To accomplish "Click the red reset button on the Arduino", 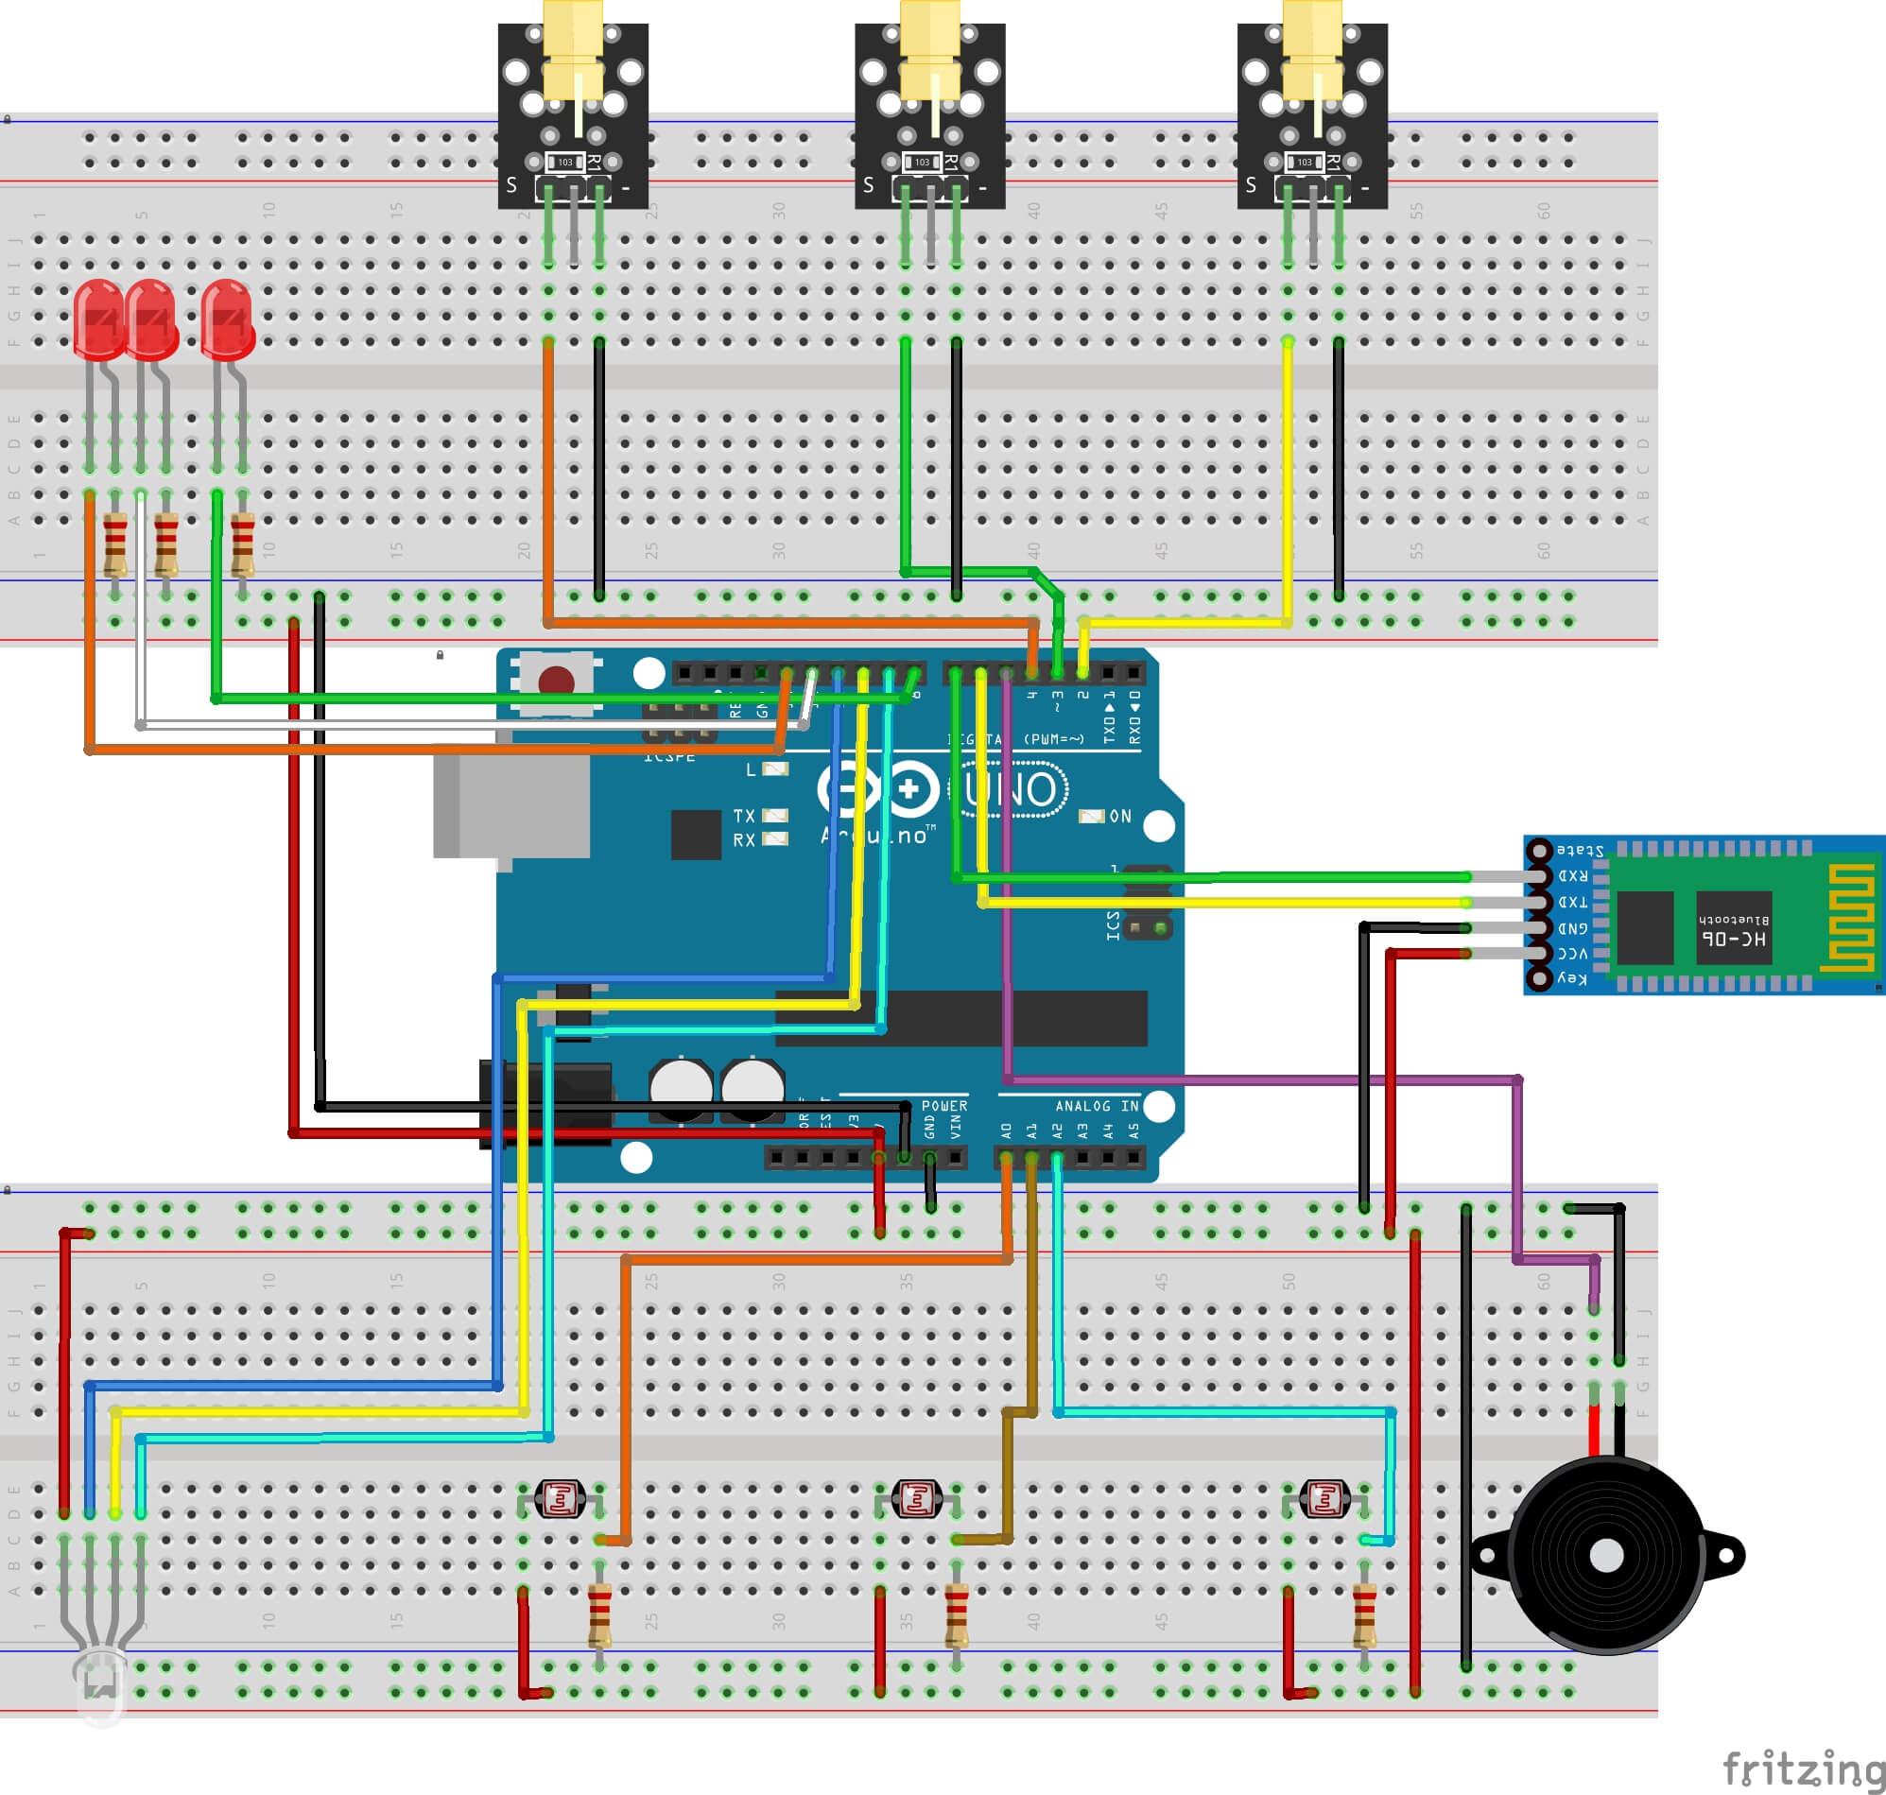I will tap(556, 682).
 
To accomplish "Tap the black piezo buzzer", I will tap(1607, 1556).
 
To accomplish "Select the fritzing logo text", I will tap(1803, 1769).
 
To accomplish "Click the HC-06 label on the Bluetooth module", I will tap(1734, 939).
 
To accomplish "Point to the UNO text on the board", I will tap(1013, 789).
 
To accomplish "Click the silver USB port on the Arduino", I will tap(511, 803).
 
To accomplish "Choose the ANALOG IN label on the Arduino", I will tap(1097, 1105).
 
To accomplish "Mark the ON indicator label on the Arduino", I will tap(1119, 816).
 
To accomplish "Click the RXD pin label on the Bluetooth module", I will tap(1572, 875).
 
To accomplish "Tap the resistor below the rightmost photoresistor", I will tap(1363, 1616).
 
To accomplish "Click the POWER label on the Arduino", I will tap(943, 1105).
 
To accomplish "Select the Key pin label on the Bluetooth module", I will tap(1571, 978).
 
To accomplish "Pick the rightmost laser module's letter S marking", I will tap(1251, 184).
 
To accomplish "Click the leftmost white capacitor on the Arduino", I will tap(681, 1087).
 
